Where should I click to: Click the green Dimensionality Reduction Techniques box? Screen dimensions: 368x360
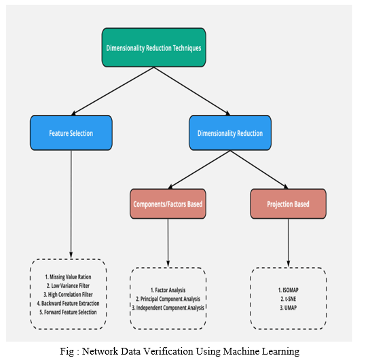click(x=153, y=48)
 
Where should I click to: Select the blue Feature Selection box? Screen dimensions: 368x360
click(x=71, y=133)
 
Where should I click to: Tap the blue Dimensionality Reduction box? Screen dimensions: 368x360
click(x=230, y=133)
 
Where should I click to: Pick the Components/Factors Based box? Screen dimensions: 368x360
click(x=168, y=204)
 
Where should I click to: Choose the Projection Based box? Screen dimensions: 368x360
click(x=288, y=204)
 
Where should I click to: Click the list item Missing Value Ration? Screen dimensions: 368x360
click(x=68, y=277)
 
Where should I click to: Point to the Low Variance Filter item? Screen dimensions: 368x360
click(x=68, y=286)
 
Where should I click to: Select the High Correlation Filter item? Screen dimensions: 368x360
click(x=68, y=295)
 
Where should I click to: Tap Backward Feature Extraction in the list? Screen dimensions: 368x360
click(x=68, y=304)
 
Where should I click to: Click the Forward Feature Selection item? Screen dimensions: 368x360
click(x=68, y=312)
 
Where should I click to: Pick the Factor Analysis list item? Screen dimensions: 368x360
click(x=168, y=290)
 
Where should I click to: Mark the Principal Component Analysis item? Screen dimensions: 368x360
click(x=168, y=299)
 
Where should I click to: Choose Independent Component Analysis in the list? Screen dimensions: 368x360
click(x=168, y=308)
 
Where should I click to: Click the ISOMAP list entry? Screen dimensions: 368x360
click(x=288, y=290)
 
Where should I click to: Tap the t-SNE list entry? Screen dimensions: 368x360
click(x=288, y=299)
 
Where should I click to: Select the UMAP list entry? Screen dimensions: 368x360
click(x=288, y=308)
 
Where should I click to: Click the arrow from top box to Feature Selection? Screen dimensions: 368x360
click(x=113, y=91)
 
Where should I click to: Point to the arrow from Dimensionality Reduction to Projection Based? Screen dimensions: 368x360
click(x=259, y=170)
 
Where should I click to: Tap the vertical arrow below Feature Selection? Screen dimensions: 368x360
click(x=71, y=204)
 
